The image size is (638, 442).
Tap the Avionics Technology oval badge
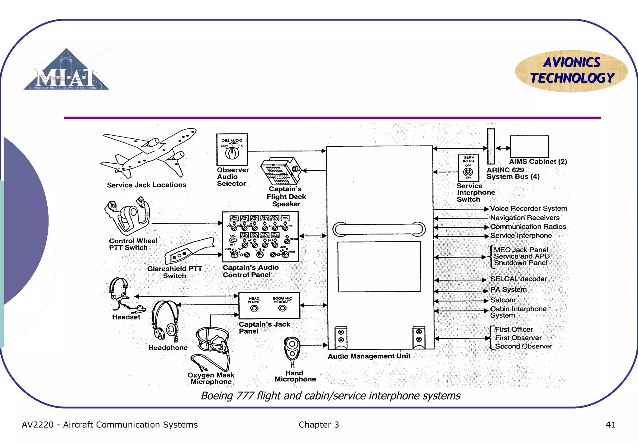(x=571, y=71)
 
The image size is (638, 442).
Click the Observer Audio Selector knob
(x=232, y=153)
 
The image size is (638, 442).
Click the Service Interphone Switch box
(x=468, y=168)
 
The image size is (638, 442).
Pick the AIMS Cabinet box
(x=529, y=147)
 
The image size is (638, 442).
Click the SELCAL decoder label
(x=518, y=279)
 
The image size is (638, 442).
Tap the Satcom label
(x=502, y=300)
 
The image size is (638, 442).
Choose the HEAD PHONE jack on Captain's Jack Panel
(x=254, y=309)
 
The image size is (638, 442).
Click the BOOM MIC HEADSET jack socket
(x=282, y=308)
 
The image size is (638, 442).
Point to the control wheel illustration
(x=128, y=217)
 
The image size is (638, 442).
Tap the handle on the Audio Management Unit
(x=379, y=229)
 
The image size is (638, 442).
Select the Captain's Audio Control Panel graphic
(x=260, y=237)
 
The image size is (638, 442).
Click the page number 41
(x=611, y=425)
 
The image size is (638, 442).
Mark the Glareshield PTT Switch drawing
(x=189, y=250)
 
